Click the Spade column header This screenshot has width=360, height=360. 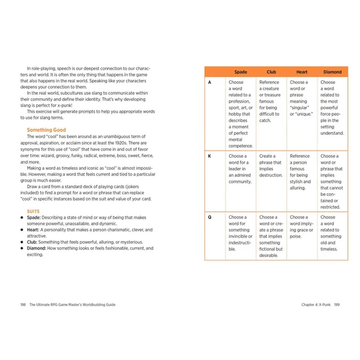click(241, 71)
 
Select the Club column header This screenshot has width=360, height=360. click(271, 71)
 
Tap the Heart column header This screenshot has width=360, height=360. click(302, 71)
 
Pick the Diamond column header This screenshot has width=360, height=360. click(332, 71)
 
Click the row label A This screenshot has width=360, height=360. click(209, 82)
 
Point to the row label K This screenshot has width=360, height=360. click(209, 156)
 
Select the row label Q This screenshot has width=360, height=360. click(209, 217)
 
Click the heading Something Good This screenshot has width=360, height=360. click(46, 130)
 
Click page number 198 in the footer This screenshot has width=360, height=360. click(23, 304)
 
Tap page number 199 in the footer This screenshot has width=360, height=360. click(337, 304)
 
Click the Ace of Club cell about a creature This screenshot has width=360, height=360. click(271, 101)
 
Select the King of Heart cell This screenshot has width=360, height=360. click(302, 172)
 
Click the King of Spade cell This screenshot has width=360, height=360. click(241, 169)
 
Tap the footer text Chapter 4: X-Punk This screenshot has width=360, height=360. click(316, 304)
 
